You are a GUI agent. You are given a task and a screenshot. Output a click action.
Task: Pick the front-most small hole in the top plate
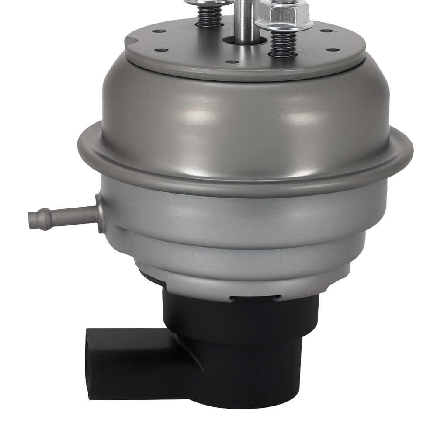[x=230, y=62]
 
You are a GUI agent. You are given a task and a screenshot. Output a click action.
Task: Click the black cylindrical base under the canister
[x=245, y=350]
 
